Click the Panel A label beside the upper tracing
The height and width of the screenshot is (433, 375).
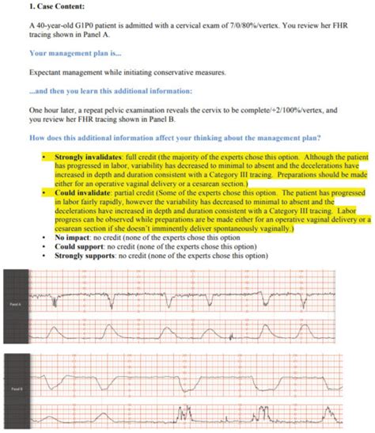(15, 304)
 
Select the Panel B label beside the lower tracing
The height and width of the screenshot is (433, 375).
(15, 389)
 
